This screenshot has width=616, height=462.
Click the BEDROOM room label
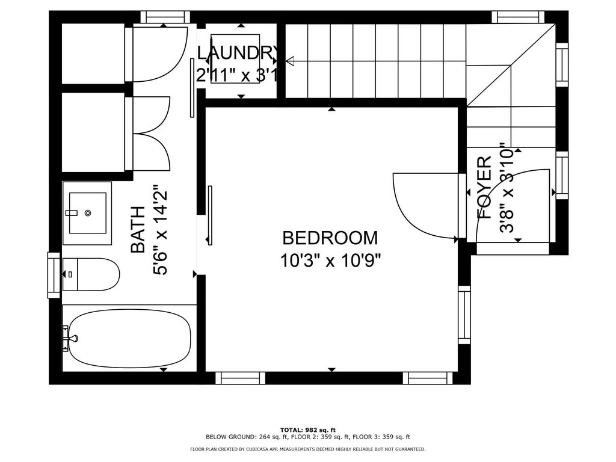tap(330, 238)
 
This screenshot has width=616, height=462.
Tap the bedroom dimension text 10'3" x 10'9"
tap(330, 260)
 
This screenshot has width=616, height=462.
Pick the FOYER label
tap(485, 187)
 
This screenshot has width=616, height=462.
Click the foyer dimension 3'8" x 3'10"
tap(507, 191)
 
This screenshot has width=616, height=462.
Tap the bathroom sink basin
tap(88, 213)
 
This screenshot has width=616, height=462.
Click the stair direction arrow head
tap(289, 61)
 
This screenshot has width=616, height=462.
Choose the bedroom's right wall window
tap(464, 314)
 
